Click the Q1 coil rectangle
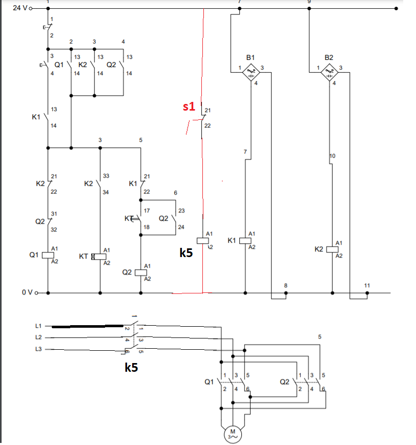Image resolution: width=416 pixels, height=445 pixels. (x=48, y=255)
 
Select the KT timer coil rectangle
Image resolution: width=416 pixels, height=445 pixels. (x=99, y=257)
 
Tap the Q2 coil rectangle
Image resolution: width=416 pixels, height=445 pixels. (x=140, y=272)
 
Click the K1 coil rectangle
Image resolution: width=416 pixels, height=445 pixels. (x=245, y=241)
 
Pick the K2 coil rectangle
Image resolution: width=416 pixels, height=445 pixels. (x=332, y=249)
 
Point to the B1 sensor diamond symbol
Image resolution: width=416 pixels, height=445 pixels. (x=251, y=72)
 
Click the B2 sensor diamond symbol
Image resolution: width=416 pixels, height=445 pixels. (x=329, y=72)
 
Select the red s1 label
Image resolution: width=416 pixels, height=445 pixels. (x=189, y=107)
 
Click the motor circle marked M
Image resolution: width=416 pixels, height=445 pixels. (x=233, y=434)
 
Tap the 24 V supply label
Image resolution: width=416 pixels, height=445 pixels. (x=20, y=8)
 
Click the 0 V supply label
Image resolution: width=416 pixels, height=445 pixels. (x=27, y=292)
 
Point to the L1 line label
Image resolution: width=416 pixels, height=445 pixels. (x=38, y=326)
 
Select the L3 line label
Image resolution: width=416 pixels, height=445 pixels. (x=38, y=349)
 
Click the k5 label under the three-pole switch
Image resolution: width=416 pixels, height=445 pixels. (x=131, y=367)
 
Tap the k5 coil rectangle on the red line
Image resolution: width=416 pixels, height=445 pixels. (x=202, y=241)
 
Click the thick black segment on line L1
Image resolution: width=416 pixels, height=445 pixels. (x=88, y=326)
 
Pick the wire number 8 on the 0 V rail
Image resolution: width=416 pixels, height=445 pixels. (x=286, y=286)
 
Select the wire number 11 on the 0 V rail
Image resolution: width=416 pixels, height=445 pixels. (x=367, y=286)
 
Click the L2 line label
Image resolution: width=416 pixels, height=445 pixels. (x=38, y=337)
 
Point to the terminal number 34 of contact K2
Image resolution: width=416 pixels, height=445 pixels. (x=106, y=193)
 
